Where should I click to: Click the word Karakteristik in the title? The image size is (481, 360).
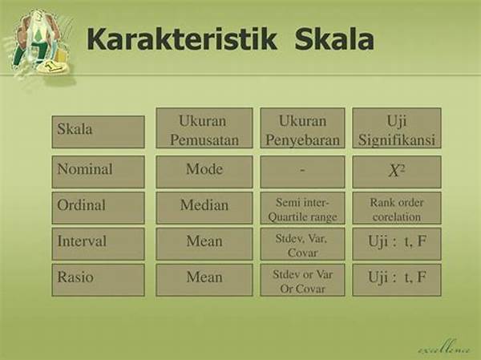coord(182,39)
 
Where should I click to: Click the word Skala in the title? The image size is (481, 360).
coord(334,39)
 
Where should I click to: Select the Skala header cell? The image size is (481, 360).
coord(98,132)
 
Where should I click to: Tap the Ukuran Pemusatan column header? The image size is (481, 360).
coord(204,128)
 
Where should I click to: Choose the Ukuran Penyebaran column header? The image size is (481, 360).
coord(302,128)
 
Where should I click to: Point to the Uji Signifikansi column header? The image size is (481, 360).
coord(397,128)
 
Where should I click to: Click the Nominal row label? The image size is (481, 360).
coord(98,172)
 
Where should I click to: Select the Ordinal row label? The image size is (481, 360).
coord(98,208)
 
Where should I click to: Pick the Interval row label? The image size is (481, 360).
coord(98,244)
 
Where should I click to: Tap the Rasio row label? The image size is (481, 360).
coord(98,280)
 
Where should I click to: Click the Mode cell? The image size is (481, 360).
coord(204,172)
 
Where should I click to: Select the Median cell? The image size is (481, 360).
coord(204,208)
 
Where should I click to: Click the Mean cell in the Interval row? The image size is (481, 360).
coord(204,244)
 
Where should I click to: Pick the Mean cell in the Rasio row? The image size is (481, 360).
coord(204,280)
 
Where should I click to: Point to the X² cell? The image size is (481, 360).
coord(397,172)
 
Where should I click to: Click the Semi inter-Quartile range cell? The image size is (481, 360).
coord(302,208)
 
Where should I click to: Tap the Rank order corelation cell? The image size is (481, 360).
coord(397,208)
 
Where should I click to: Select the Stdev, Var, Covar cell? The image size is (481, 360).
coord(302,244)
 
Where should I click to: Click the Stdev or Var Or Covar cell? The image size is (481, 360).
coord(302,280)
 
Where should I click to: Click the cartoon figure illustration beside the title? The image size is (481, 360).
coord(40,43)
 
